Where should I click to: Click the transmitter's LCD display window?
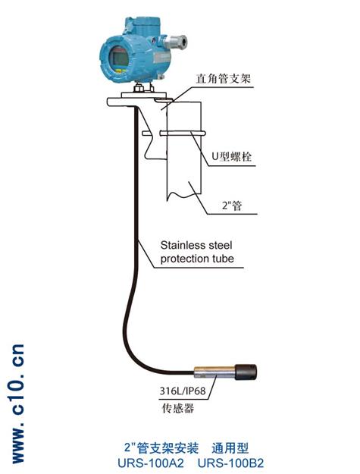click(119, 58)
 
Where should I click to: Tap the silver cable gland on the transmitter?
click(176, 42)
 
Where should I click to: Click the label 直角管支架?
click(223, 78)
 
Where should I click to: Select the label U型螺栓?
click(232, 156)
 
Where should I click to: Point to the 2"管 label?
click(232, 206)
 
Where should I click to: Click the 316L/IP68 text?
click(183, 391)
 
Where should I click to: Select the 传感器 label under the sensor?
click(178, 408)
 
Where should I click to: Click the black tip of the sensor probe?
click(246, 372)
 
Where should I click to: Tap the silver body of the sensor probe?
click(214, 372)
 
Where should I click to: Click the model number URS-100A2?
click(151, 463)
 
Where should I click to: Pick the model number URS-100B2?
click(230, 463)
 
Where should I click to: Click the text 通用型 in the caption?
click(230, 448)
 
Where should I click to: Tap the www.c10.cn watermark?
click(18, 404)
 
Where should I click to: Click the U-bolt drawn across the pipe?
click(174, 133)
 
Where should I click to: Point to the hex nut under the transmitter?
click(139, 88)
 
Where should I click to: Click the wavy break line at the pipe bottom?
click(184, 195)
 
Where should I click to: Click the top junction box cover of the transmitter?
click(141, 25)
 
